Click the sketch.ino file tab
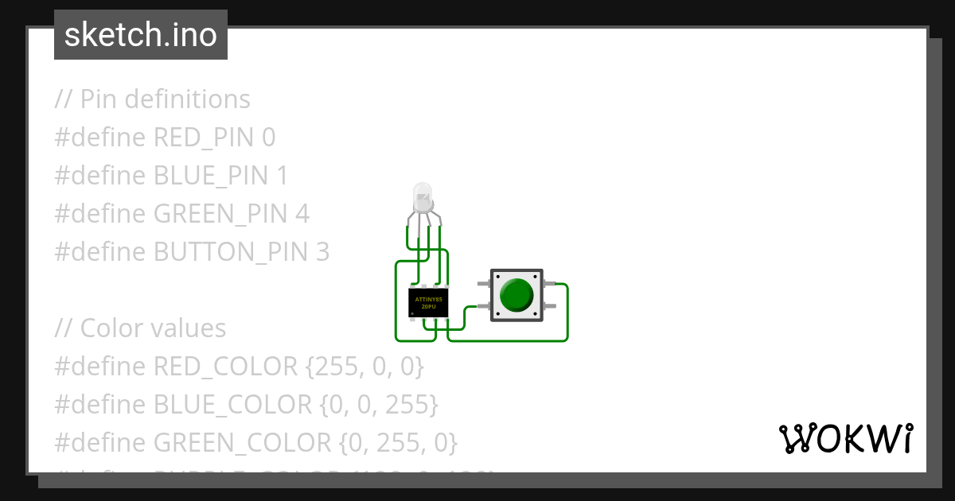click(141, 35)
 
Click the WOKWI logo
click(845, 438)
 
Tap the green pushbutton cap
click(516, 295)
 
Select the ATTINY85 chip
click(428, 303)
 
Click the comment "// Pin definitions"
click(152, 99)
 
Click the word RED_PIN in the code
click(204, 138)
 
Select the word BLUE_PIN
click(210, 176)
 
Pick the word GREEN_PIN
click(220, 214)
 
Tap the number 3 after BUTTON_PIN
click(322, 252)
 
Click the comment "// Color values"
click(140, 328)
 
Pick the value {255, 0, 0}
click(364, 367)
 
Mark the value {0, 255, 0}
click(398, 443)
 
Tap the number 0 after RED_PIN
click(268, 138)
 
